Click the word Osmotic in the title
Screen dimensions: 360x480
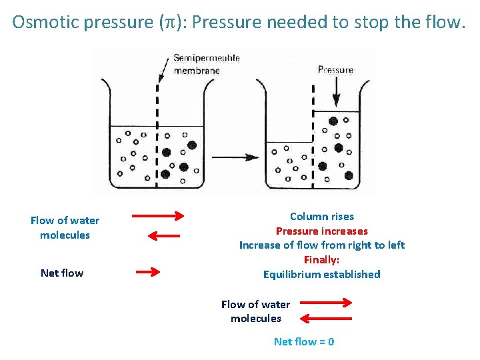[x=39, y=23]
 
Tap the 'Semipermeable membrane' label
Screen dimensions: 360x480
[x=206, y=64]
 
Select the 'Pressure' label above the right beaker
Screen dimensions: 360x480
[x=335, y=70]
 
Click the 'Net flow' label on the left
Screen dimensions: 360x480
[x=62, y=273]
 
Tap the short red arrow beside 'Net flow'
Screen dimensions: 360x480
[x=148, y=272]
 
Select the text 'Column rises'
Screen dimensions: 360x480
[x=321, y=216]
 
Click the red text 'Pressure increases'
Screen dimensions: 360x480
[x=321, y=231]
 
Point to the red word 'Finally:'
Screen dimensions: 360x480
[x=321, y=260]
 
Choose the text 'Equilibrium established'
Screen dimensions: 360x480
[x=321, y=274]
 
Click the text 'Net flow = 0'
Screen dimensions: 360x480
[x=304, y=341]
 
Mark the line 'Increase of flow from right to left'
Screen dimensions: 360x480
[x=321, y=245]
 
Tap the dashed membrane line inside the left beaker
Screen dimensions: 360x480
[x=157, y=153]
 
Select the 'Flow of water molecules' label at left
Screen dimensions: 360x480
[x=65, y=227]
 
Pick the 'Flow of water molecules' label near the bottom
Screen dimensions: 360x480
[x=255, y=311]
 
